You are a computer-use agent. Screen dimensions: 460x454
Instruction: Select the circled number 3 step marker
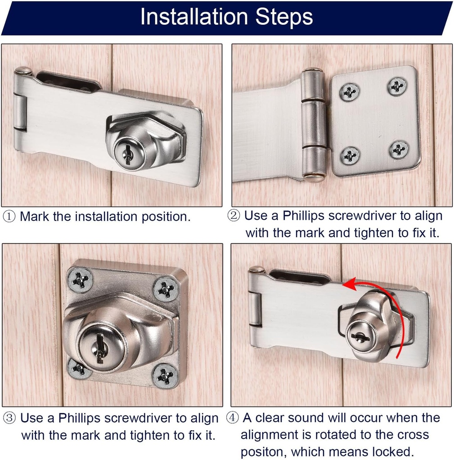click(x=9, y=418)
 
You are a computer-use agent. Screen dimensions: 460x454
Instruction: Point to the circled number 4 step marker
click(x=232, y=418)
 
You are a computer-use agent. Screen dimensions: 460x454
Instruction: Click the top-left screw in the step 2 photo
click(x=349, y=92)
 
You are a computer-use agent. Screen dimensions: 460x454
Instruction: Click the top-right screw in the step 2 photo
click(x=397, y=86)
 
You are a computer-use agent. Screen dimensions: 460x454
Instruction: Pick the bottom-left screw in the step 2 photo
click(x=350, y=155)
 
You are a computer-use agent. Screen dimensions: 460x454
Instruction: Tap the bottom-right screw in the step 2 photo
click(x=399, y=150)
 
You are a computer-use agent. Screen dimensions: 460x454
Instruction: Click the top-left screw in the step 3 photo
click(x=81, y=280)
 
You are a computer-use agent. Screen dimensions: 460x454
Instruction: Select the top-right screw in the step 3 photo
click(x=166, y=289)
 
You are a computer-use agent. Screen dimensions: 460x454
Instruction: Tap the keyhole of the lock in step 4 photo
click(x=360, y=336)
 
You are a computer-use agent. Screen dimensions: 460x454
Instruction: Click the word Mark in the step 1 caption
click(x=35, y=217)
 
